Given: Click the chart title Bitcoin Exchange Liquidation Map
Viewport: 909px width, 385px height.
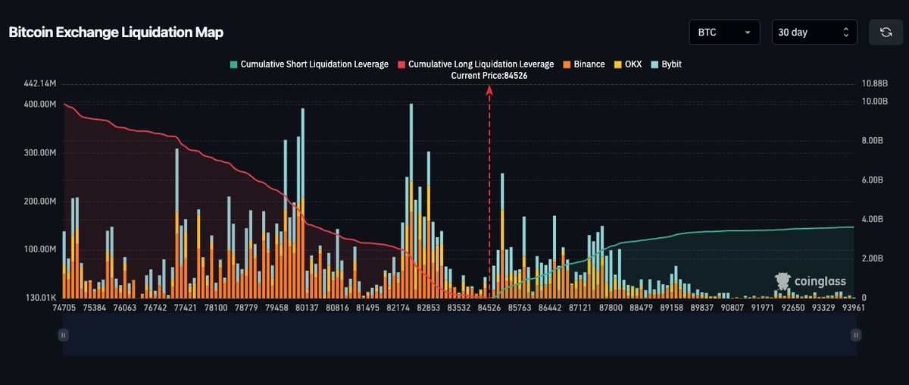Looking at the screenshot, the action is tap(116, 33).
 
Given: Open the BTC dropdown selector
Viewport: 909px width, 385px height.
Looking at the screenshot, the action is tap(724, 32).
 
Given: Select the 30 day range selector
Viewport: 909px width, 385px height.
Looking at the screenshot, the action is tap(814, 32).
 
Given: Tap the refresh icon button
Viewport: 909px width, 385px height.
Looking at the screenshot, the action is tap(886, 32).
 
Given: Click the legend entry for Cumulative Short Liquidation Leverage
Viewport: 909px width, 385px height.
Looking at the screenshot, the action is tap(309, 64).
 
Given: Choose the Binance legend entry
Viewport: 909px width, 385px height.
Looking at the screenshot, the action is tap(583, 64).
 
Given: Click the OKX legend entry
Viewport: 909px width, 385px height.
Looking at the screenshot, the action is tap(628, 64).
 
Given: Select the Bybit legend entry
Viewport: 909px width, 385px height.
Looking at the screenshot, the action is tap(667, 64).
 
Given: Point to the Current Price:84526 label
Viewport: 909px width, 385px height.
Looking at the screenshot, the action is tap(489, 76).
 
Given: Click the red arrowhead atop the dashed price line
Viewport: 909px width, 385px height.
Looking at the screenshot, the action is tap(489, 90).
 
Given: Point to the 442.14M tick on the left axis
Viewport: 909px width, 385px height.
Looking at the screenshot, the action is tap(39, 83).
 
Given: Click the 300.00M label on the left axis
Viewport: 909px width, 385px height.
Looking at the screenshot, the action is tap(39, 152).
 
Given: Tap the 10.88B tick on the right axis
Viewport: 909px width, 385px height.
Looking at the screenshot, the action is tap(874, 83).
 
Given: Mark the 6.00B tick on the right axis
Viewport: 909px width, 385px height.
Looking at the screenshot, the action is tap(873, 180).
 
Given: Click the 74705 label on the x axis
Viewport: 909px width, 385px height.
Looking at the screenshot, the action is tap(64, 308).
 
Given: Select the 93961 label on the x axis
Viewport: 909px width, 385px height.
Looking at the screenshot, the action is tap(854, 308).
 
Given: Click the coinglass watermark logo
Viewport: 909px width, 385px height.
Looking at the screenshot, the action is tap(811, 281).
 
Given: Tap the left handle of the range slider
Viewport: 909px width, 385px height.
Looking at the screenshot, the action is tap(64, 335).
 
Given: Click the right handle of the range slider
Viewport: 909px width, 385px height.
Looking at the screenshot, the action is tap(856, 335).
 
